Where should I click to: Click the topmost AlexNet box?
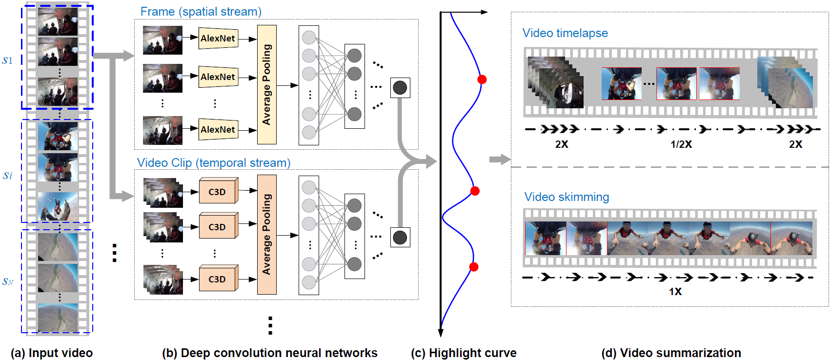point(218,39)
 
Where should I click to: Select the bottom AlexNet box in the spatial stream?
point(218,130)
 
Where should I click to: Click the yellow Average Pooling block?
point(266,84)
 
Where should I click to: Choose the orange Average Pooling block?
point(266,235)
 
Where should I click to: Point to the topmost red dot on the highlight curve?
point(482,80)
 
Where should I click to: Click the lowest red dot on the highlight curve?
point(473,267)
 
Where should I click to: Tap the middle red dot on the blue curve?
point(475,191)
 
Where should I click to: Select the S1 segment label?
point(7,61)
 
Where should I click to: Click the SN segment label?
point(8,281)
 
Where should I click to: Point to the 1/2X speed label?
point(681,144)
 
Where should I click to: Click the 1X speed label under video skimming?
point(675,292)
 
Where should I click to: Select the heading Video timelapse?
point(565,33)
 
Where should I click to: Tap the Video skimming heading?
point(567,197)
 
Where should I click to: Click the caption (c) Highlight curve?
point(464,353)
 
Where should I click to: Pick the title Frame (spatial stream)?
point(201,12)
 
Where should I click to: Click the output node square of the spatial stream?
point(400,88)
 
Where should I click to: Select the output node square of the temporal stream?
point(400,238)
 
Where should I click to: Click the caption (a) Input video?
point(52,353)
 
